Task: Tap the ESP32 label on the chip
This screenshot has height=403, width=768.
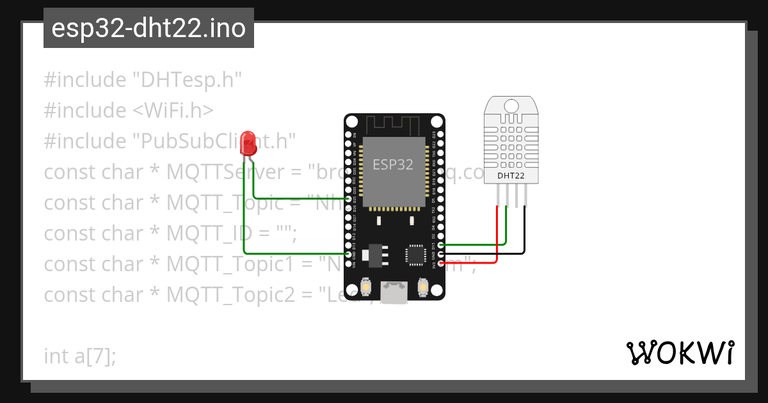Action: [393, 164]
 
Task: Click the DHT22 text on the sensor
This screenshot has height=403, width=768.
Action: [509, 175]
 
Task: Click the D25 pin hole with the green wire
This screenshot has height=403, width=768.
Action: [349, 199]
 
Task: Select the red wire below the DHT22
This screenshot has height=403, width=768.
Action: [497, 237]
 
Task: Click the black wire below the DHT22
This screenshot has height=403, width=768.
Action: [525, 230]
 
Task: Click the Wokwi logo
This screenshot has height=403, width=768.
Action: [680, 352]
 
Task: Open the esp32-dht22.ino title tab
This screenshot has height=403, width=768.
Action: [148, 28]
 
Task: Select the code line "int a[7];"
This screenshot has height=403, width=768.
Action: [80, 356]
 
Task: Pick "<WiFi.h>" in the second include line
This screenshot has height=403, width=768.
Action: [173, 111]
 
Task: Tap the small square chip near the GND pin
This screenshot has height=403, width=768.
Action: [415, 254]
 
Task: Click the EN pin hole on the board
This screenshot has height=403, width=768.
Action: [349, 136]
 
